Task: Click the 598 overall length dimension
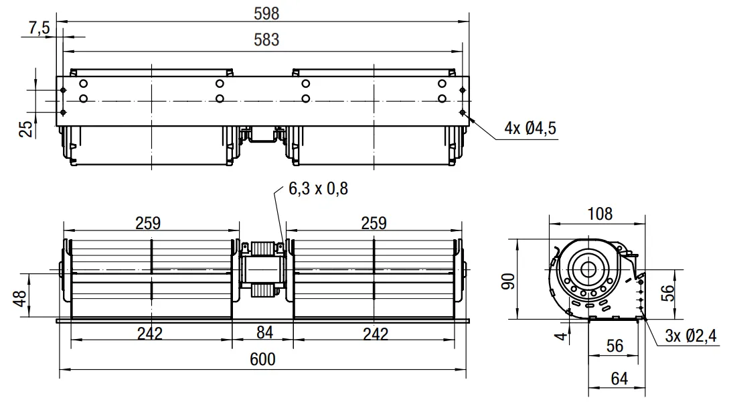pyautogui.click(x=266, y=13)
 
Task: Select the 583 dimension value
pyautogui.click(x=266, y=40)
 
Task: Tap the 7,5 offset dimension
pyautogui.click(x=39, y=28)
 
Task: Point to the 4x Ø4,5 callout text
pyautogui.click(x=530, y=128)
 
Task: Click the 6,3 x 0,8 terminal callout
pyautogui.click(x=318, y=188)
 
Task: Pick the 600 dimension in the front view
pyautogui.click(x=262, y=359)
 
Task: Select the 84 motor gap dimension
pyautogui.click(x=264, y=333)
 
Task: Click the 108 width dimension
pyautogui.click(x=600, y=214)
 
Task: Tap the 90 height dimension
pyautogui.click(x=509, y=281)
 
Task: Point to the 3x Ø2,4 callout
pyautogui.click(x=691, y=336)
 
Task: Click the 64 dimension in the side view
pyautogui.click(x=619, y=379)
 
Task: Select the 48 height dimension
pyautogui.click(x=20, y=299)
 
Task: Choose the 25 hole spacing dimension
pyautogui.click(x=27, y=129)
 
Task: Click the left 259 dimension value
pyautogui.click(x=148, y=223)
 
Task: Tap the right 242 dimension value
pyautogui.click(x=375, y=334)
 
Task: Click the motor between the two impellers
pyautogui.click(x=262, y=269)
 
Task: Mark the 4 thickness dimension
pyautogui.click(x=562, y=336)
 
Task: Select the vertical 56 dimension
pyautogui.click(x=667, y=293)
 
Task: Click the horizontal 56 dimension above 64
pyautogui.click(x=615, y=346)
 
